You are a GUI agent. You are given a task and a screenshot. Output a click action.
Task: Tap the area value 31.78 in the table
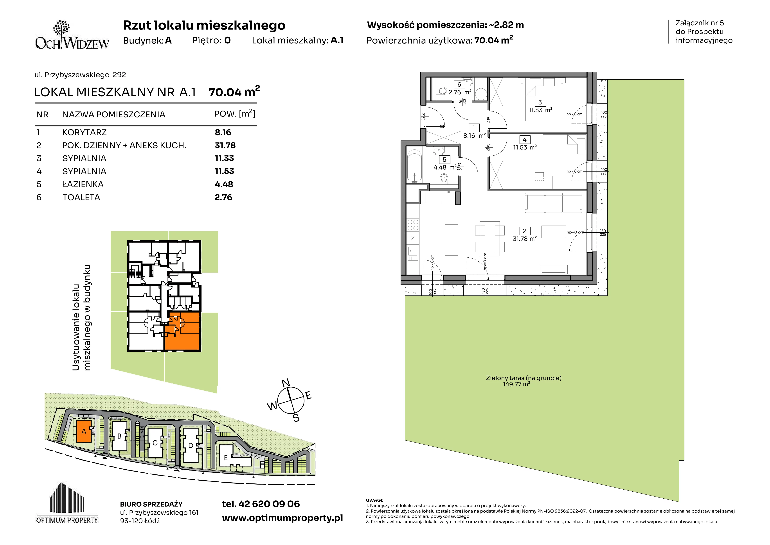[225, 145]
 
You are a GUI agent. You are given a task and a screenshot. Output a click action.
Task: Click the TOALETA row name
[81, 197]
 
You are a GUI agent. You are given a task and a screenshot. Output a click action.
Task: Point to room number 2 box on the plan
[525, 231]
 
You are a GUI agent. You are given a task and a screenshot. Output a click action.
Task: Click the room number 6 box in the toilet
[459, 85]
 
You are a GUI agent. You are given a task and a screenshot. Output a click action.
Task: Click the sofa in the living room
[554, 202]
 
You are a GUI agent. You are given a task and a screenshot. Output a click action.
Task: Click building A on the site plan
[84, 431]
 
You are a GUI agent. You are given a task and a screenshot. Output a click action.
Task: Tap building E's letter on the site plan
[226, 458]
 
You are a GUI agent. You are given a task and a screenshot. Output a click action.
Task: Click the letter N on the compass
[285, 383]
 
